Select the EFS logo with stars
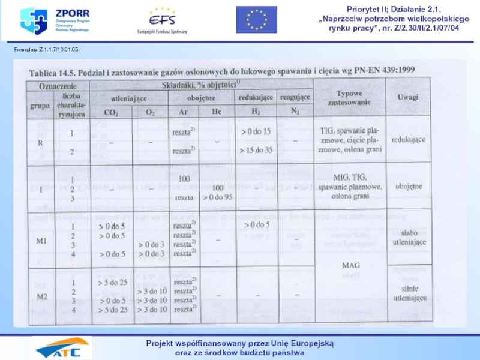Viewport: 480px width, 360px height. point(163,20)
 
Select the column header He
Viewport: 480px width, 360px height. point(217,112)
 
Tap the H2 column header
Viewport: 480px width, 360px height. point(256,112)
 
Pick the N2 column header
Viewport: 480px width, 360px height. point(295,112)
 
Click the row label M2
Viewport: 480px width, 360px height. point(42,296)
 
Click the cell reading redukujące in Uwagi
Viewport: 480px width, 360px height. point(409,139)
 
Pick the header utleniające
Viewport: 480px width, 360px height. point(130,97)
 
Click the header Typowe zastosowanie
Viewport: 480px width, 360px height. point(351,98)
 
